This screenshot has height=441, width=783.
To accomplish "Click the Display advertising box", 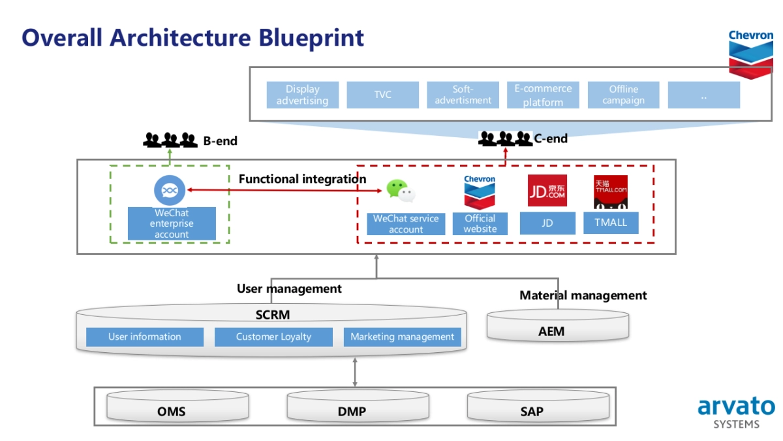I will point(303,95).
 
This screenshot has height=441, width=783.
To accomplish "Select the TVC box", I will point(382,95).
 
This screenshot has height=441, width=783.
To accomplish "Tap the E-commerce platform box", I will point(543,95).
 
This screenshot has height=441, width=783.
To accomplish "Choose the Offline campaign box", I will point(623,95).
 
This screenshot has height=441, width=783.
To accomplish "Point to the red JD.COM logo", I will point(547,191).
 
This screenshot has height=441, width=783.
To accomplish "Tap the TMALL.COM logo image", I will point(610,191).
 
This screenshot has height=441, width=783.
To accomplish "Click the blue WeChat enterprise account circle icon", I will point(170,190).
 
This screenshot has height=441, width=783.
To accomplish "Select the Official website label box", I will point(480,223).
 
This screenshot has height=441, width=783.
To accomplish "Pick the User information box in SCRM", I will point(145,337).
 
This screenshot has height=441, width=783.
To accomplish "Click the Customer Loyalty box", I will point(273,337).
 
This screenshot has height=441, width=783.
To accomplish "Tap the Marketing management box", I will point(402,337).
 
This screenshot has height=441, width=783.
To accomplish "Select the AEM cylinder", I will point(558,326).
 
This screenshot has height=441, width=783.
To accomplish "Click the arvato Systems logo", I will point(736,412).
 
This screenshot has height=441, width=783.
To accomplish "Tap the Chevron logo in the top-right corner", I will point(751,52).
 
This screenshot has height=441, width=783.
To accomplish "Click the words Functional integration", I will point(302,179).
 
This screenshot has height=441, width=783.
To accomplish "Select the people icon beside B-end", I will point(170,140).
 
